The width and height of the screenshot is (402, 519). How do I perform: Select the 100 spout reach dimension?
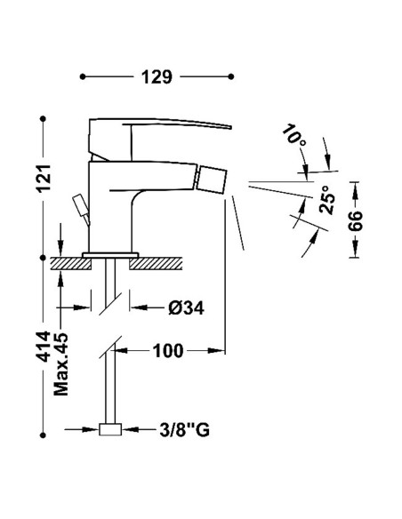[166, 350]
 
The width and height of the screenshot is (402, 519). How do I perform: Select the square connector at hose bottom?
[110, 432]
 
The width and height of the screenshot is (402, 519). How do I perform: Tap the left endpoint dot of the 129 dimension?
[83, 77]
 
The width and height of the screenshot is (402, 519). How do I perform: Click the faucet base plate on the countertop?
[110, 255]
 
